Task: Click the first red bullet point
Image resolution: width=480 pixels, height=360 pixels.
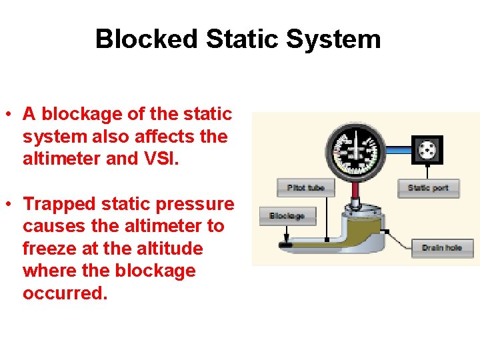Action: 7,115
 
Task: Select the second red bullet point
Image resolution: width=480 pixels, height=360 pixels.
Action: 7,204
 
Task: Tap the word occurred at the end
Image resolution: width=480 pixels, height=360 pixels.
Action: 64,293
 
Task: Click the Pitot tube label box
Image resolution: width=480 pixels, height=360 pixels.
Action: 305,187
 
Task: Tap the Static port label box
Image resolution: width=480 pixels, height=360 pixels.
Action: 427,188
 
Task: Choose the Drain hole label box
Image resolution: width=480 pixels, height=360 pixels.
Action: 441,248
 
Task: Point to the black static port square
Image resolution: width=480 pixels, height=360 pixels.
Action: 427,149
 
